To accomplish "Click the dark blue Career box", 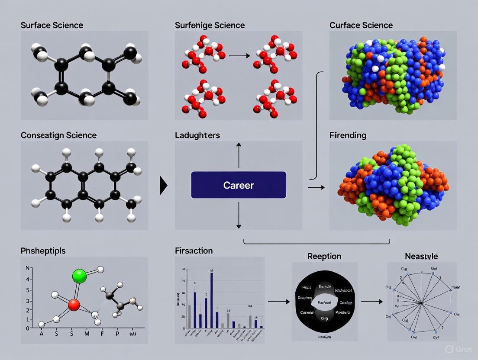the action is click(x=239, y=185).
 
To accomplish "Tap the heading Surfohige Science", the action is click(x=210, y=25).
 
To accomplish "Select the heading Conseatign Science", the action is click(x=58, y=135).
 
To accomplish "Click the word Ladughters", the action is click(x=197, y=135).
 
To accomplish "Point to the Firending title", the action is click(x=348, y=135).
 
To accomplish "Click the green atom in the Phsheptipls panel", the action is click(x=80, y=276).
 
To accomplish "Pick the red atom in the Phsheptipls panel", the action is click(x=74, y=305).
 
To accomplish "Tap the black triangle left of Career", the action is click(x=163, y=186).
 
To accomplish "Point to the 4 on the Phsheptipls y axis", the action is click(x=28, y=279).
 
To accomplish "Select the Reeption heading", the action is click(x=324, y=256).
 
